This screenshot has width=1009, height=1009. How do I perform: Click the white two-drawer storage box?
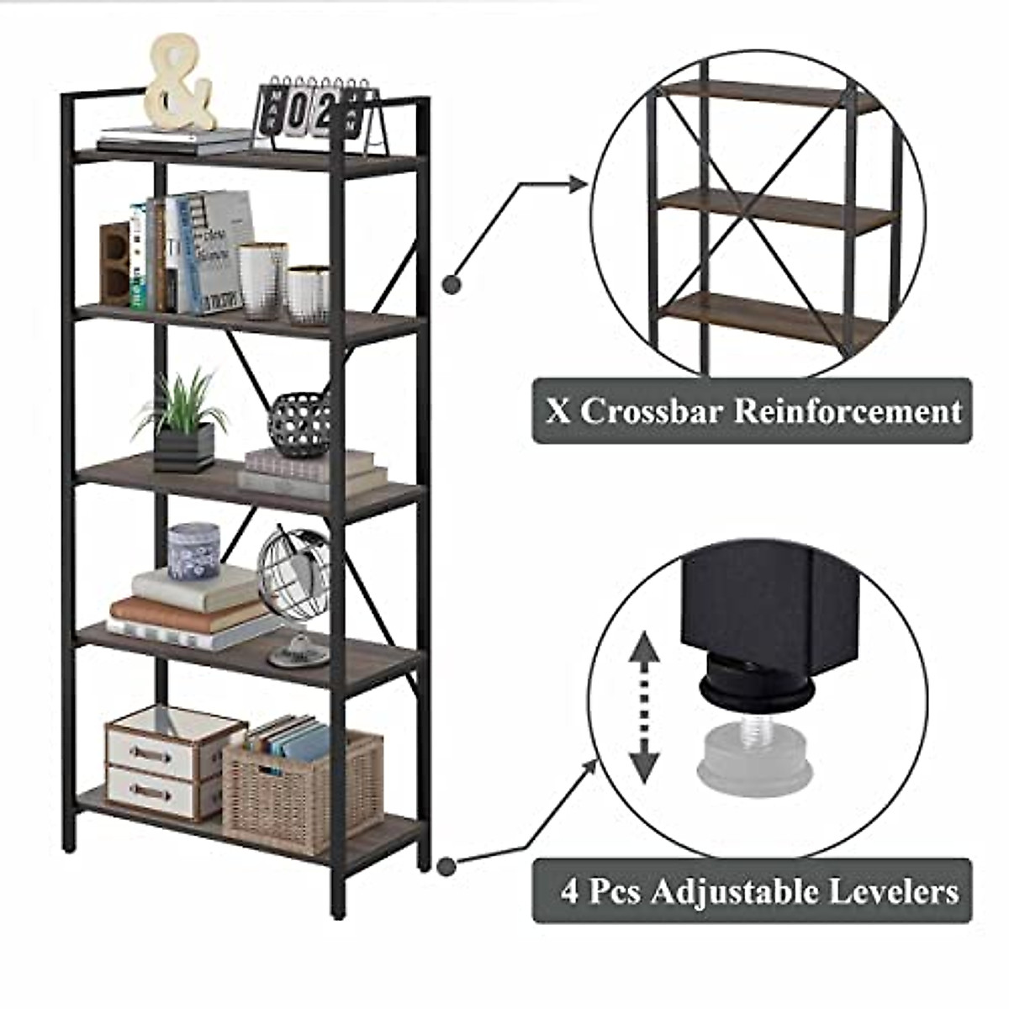click(x=164, y=761)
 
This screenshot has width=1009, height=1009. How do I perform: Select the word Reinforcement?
click(x=848, y=412)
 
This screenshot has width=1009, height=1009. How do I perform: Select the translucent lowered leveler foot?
click(x=756, y=748)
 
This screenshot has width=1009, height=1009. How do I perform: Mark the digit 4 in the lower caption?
click(x=571, y=891)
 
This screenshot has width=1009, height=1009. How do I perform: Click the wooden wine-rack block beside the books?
click(x=115, y=262)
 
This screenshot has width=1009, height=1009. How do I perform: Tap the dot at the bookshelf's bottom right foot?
click(x=446, y=864)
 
